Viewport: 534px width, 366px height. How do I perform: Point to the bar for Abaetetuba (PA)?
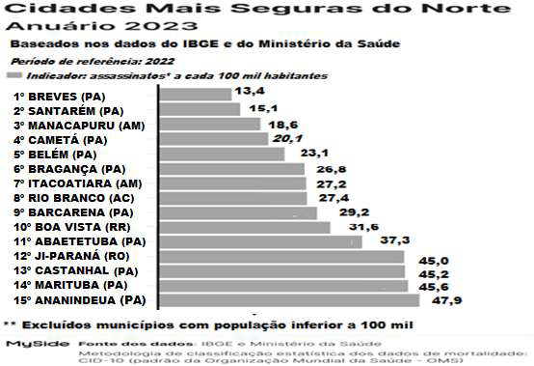click(x=257, y=241)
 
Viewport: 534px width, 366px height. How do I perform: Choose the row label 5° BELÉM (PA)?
click(x=55, y=155)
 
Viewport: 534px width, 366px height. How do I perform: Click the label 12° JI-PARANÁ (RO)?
click(x=69, y=256)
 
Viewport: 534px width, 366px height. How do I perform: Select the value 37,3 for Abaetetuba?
click(x=382, y=239)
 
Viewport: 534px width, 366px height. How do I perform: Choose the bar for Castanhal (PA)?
click(x=280, y=271)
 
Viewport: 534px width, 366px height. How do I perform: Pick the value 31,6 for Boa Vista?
click(x=348, y=226)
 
